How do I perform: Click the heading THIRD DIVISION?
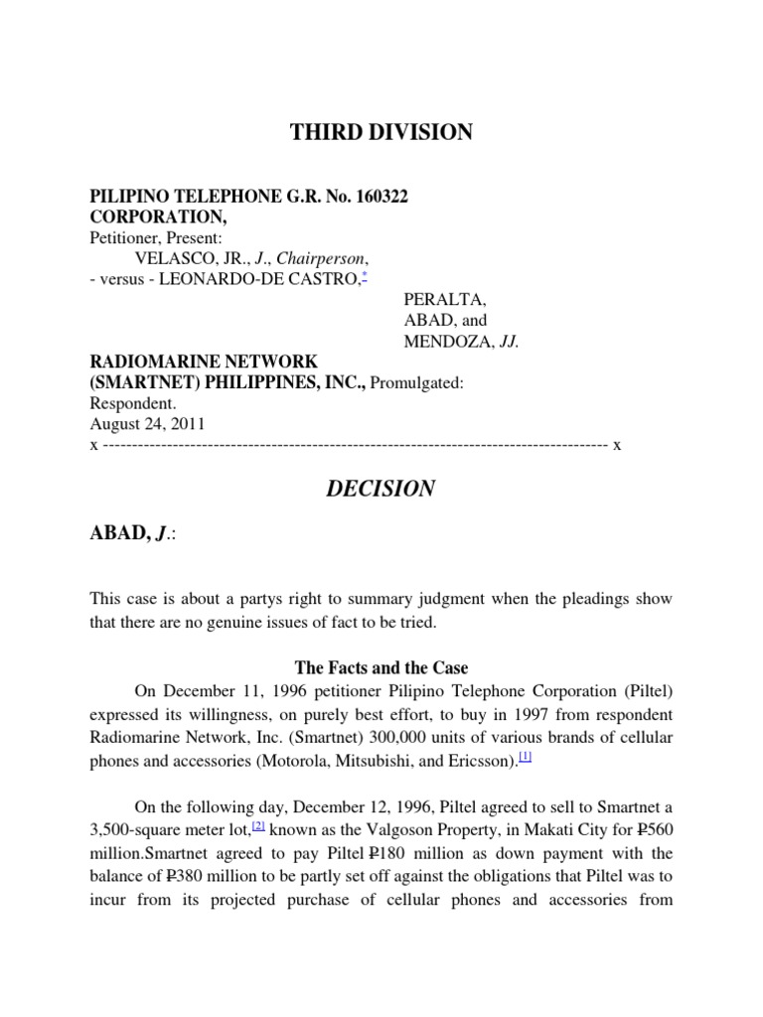point(381,132)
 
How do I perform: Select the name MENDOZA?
point(446,342)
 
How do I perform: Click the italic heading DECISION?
point(381,488)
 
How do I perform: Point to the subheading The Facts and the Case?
point(381,667)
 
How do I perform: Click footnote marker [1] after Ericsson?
point(527,757)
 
